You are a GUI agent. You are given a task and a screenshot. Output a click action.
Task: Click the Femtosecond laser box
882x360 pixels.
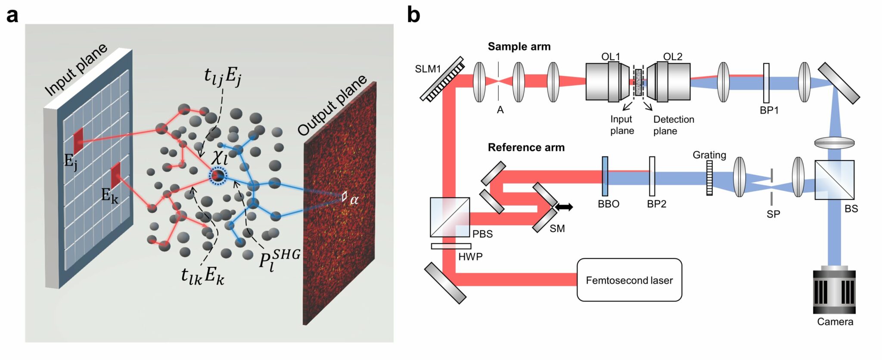point(629,280)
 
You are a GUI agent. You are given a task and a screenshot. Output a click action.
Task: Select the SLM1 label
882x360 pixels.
point(428,69)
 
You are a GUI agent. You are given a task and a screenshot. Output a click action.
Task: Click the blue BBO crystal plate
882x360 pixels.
point(605,177)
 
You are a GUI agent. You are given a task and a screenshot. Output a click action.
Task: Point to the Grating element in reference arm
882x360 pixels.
point(709,178)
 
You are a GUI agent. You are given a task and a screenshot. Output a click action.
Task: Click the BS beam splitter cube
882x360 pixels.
point(834,180)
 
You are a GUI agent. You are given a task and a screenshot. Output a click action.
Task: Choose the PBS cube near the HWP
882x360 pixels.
point(450,217)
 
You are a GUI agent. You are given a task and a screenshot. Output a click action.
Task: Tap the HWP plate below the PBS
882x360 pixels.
point(451,246)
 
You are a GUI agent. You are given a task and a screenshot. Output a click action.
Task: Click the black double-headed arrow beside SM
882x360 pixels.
point(564,207)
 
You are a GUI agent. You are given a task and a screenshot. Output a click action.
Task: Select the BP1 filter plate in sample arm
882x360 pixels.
point(766,83)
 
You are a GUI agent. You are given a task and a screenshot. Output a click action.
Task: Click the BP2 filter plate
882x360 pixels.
point(652,177)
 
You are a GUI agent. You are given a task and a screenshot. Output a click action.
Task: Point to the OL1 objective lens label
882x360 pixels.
point(610,57)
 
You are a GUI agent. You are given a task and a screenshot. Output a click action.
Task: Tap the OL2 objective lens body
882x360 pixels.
point(670,82)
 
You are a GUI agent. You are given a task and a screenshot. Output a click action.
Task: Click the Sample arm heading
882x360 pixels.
point(519,47)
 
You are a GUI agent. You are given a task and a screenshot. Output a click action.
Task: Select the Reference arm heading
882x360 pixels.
point(526,147)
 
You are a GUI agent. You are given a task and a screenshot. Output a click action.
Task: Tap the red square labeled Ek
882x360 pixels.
point(115,175)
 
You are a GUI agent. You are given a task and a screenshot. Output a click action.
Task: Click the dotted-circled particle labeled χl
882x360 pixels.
point(217,176)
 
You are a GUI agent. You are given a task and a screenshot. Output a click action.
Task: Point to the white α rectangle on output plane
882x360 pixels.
point(344,196)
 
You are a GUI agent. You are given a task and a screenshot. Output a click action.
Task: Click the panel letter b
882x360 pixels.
point(413,15)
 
